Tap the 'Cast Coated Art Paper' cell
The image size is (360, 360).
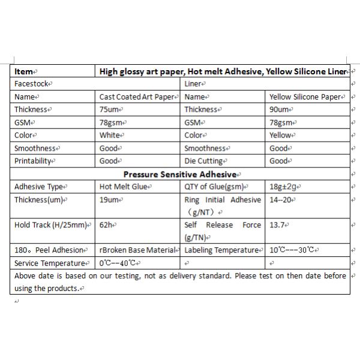pyautogui.click(x=138, y=97)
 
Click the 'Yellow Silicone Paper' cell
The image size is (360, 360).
pyautogui.click(x=305, y=97)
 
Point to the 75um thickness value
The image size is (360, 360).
pyautogui.click(x=112, y=110)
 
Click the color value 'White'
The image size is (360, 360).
pyautogui.click(x=110, y=135)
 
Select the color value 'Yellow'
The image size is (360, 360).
pyautogui.click(x=281, y=135)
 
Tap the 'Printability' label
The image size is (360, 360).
pyautogui.click(x=34, y=161)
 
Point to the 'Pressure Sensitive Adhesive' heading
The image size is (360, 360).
pyautogui.click(x=181, y=174)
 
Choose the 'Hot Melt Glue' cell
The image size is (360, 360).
pyautogui.click(x=124, y=187)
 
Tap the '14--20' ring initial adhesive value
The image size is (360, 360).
pyautogui.click(x=282, y=200)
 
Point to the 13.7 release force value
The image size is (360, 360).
pyautogui.click(x=278, y=225)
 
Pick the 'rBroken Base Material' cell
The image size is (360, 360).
pyautogui.click(x=139, y=250)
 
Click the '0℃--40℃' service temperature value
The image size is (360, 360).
pyautogui.click(x=119, y=263)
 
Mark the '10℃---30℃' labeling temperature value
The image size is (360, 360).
pyautogui.click(x=293, y=250)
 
